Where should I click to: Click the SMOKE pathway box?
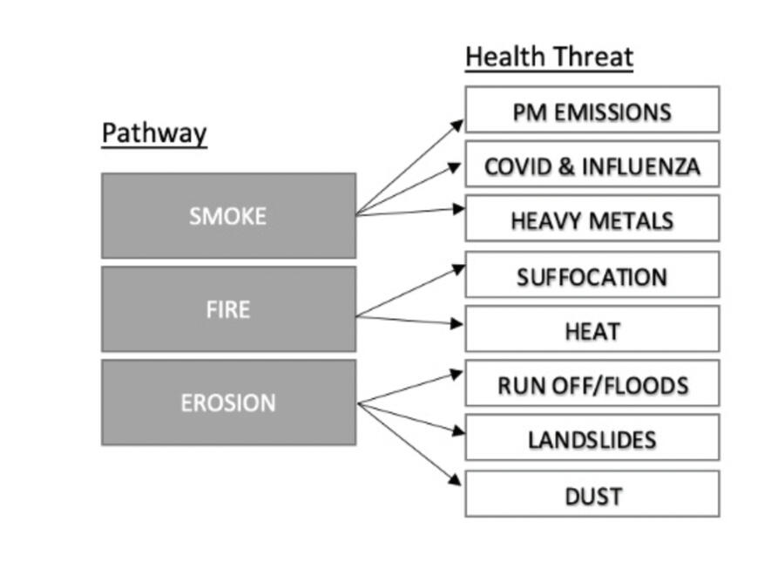[x=228, y=215]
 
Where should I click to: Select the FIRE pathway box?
[x=228, y=309]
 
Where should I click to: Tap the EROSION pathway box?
[x=228, y=402]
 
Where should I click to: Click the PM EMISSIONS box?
[x=592, y=110]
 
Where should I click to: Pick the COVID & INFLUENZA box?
[x=592, y=165]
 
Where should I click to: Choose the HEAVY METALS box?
[x=592, y=219]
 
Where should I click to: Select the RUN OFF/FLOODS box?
[x=592, y=383]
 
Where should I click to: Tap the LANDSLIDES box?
[x=592, y=438]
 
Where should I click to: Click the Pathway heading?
[x=154, y=133]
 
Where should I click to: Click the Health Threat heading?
[x=549, y=57]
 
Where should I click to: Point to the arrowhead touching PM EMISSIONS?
[x=458, y=125]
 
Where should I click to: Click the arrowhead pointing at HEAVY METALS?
[x=457, y=208]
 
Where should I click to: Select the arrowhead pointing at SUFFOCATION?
[x=458, y=269]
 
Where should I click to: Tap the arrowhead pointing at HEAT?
[x=457, y=324]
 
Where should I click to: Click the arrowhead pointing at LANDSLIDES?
[x=457, y=430]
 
